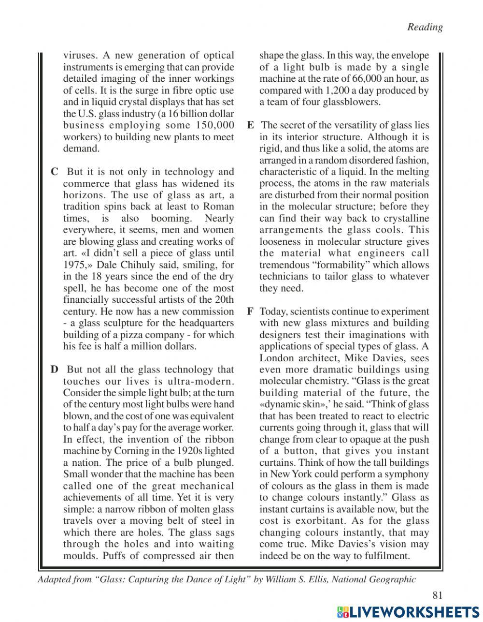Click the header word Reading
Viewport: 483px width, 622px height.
[x=425, y=27]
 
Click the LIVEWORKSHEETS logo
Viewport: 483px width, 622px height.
[x=408, y=611]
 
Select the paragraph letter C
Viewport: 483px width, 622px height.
[x=55, y=172]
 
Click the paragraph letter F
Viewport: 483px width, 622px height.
[x=250, y=311]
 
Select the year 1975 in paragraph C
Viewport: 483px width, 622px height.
[x=75, y=265]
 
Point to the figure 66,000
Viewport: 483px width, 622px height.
[x=355, y=79]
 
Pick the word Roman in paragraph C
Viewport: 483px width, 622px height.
[x=219, y=207]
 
